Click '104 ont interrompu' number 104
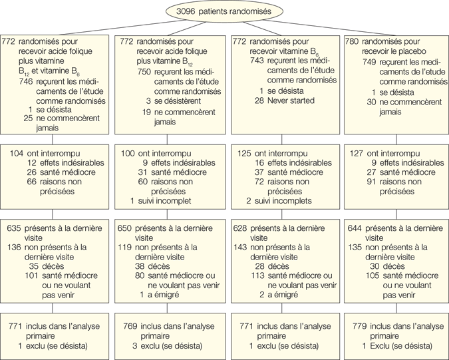(x=17, y=153)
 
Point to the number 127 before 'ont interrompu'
(x=357, y=153)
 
